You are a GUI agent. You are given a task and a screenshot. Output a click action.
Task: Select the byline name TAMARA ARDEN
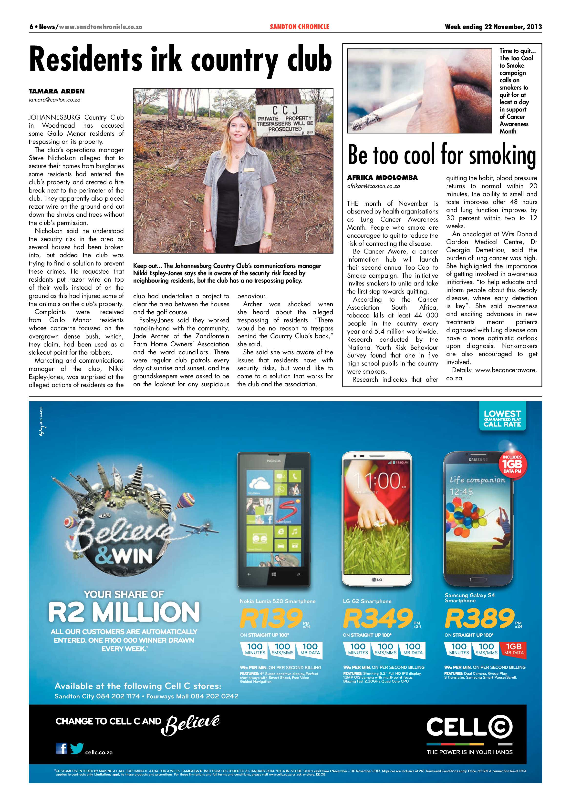coord(57,91)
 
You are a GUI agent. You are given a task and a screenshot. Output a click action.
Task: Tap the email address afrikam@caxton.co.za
coord(374,186)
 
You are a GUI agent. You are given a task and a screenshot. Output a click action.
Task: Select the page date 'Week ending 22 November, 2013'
coord(493,27)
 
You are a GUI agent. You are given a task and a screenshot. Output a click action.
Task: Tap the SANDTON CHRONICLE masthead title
coord(299,27)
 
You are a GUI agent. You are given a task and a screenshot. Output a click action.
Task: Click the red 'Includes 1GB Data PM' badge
coord(512,464)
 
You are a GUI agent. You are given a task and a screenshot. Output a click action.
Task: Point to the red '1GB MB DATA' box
coord(513,649)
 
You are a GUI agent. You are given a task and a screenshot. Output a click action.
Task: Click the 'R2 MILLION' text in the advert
coord(124,612)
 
